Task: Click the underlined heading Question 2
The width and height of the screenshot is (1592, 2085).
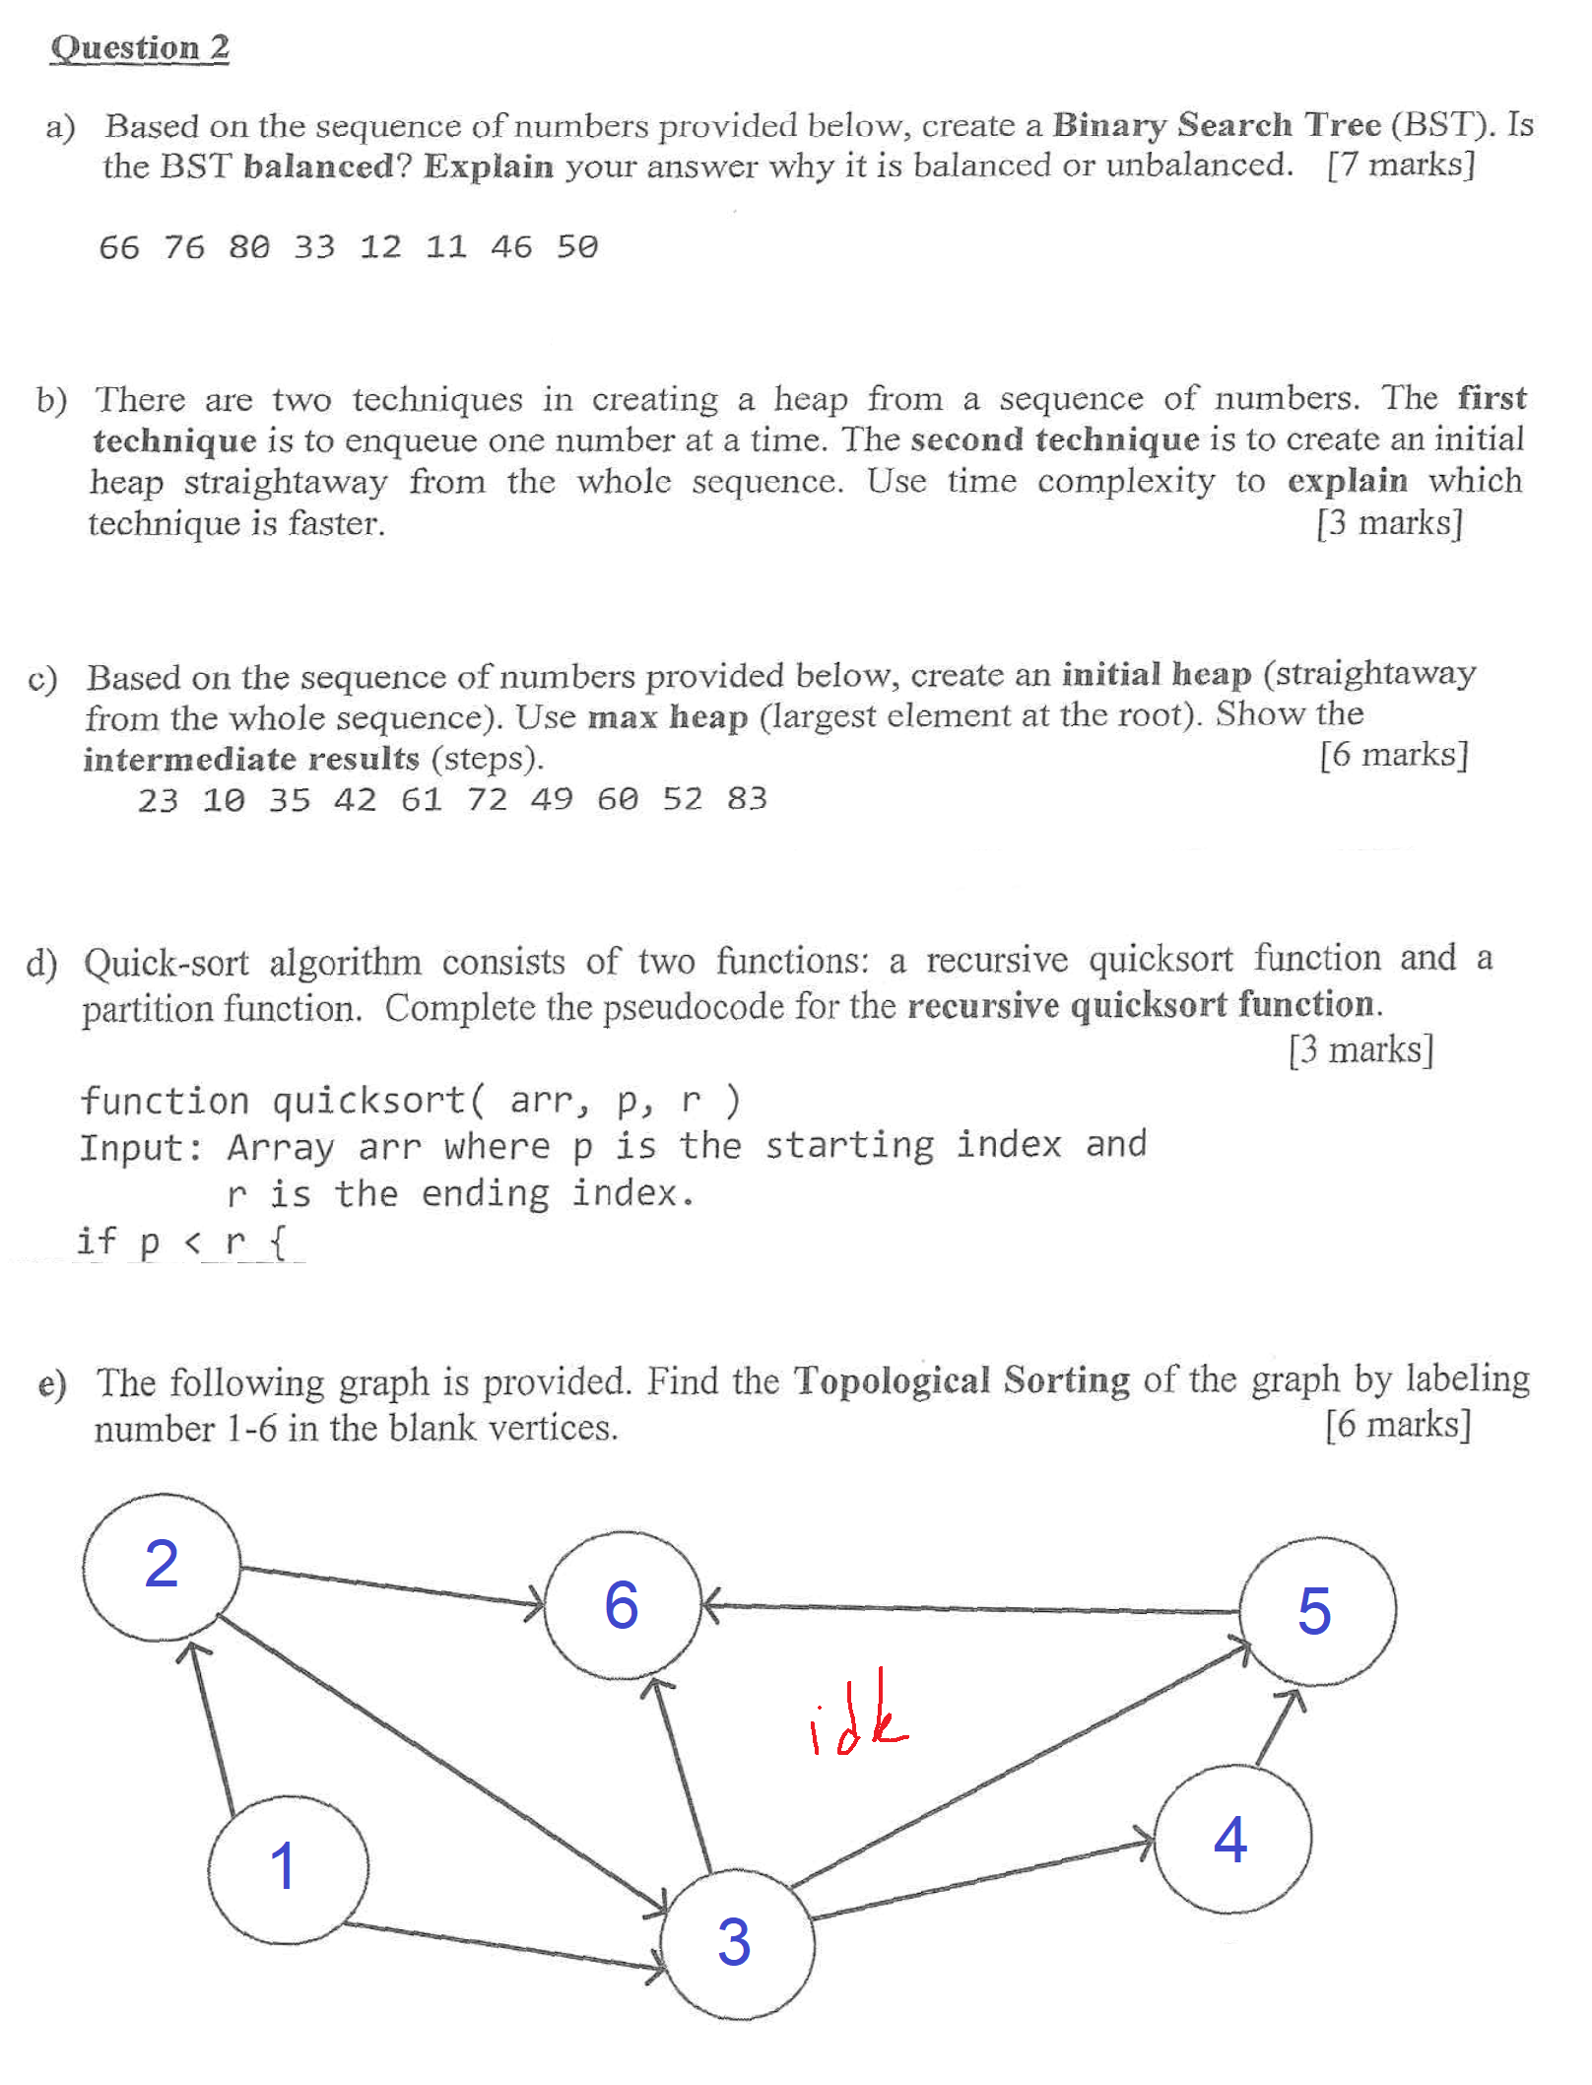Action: tap(140, 47)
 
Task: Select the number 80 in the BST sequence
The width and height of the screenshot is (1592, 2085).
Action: tap(249, 246)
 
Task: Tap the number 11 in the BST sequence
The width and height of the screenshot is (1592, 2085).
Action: tap(445, 246)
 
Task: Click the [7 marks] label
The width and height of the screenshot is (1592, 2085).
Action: tap(1401, 165)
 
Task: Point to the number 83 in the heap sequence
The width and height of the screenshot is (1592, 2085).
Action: tap(747, 798)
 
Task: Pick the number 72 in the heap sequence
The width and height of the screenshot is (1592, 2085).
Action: tap(487, 798)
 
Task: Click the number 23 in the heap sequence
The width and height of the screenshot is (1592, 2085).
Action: tap(158, 799)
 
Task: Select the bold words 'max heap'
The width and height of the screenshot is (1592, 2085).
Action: tap(667, 716)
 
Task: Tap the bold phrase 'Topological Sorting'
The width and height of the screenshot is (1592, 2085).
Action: tap(962, 1380)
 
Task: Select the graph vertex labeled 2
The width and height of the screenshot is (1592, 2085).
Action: tap(162, 1567)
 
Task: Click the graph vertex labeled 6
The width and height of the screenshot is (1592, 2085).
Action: tap(622, 1607)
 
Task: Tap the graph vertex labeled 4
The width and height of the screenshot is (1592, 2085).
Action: tap(1231, 1840)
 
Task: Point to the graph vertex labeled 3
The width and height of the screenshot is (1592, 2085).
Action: tap(736, 1943)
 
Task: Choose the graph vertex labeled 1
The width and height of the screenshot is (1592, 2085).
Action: tap(287, 1868)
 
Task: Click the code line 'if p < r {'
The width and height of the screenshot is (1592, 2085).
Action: tap(182, 1242)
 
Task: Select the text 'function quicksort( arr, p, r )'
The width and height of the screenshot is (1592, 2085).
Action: tap(410, 1100)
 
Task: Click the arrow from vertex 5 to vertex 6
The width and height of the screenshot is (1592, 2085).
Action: tap(970, 1609)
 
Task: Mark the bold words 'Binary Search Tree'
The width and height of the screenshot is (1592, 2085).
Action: tap(1217, 125)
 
